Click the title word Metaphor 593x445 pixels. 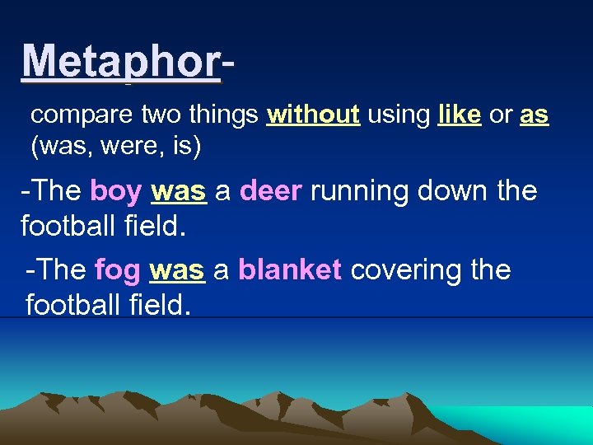click(x=121, y=61)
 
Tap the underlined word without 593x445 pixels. click(x=313, y=115)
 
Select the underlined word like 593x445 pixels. click(x=460, y=115)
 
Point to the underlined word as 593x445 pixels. click(x=534, y=115)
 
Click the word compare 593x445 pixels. click(x=73, y=116)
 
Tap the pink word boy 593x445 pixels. click(x=116, y=191)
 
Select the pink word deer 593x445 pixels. click(x=272, y=191)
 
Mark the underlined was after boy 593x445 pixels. click(x=178, y=191)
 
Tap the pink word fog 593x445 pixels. click(x=119, y=270)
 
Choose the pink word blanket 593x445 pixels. click(x=290, y=270)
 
